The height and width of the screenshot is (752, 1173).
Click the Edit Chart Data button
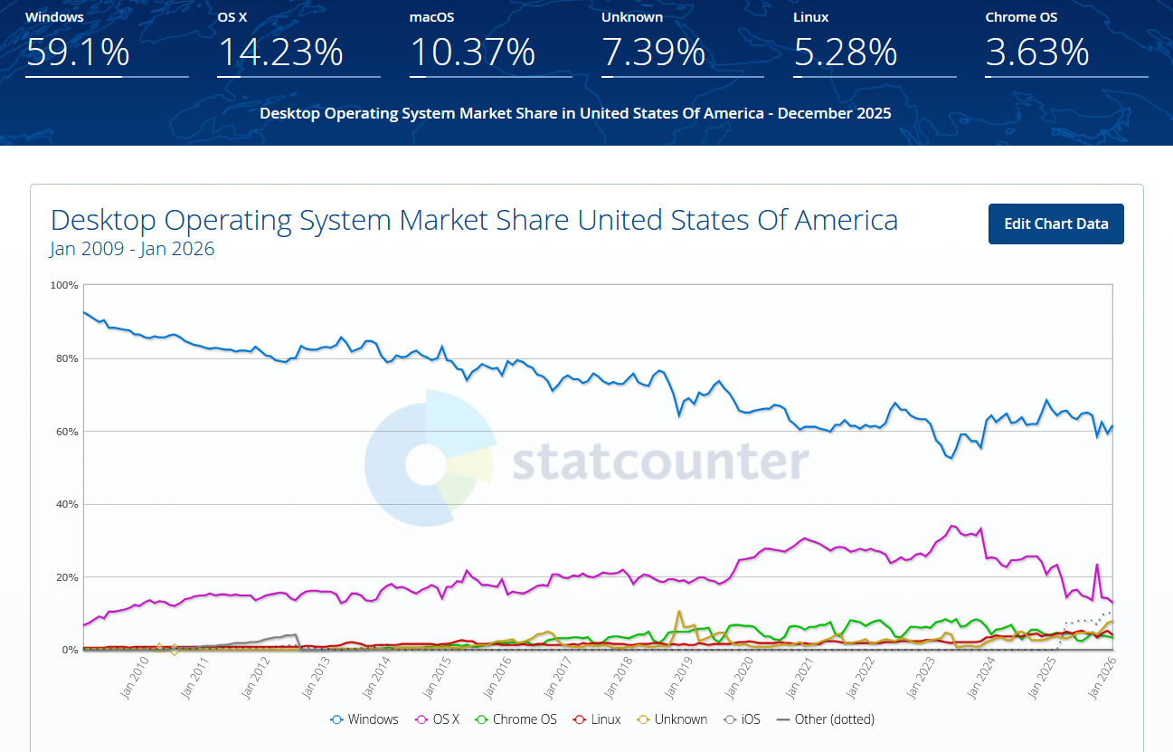tap(1055, 224)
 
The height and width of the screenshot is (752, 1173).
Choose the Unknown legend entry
tap(672, 719)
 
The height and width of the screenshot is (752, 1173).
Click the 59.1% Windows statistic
tap(78, 52)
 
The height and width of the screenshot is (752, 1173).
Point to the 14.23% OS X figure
tap(280, 52)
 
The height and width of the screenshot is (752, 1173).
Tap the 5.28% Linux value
tap(845, 52)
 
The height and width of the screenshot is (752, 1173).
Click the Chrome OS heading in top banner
tap(1021, 17)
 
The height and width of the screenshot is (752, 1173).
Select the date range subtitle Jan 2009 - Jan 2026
tap(132, 249)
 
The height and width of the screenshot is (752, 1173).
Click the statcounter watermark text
tap(660, 462)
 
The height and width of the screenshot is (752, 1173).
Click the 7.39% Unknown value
tap(653, 52)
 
